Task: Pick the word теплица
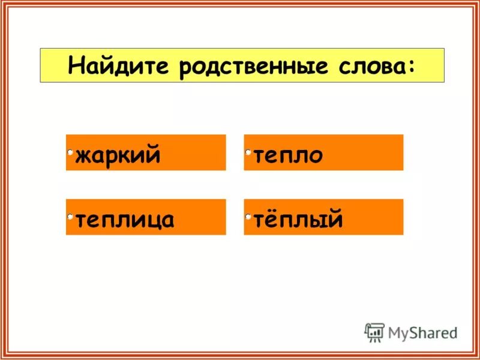pyautogui.click(x=124, y=220)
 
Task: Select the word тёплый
pyautogui.click(x=298, y=220)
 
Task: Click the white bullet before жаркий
pyautogui.click(x=70, y=152)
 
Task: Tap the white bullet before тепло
pyautogui.click(x=248, y=152)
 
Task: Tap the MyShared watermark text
pyautogui.click(x=422, y=332)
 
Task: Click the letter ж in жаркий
pyautogui.click(x=83, y=156)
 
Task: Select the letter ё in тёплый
pyautogui.click(x=272, y=219)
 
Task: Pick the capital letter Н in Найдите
pyautogui.click(x=77, y=65)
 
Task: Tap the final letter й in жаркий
pyautogui.click(x=153, y=155)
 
